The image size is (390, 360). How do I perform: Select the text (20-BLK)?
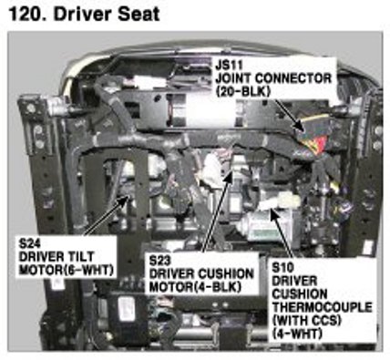[x=242, y=91]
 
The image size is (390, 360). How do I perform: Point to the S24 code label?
[x=29, y=243]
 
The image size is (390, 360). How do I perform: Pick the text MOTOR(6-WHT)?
[x=67, y=270]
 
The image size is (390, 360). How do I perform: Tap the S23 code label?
[x=160, y=261]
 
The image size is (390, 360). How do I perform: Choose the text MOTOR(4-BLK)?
[x=195, y=287]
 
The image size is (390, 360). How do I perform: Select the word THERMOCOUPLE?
[x=322, y=307]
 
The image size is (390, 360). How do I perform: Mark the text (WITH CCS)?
[x=307, y=321]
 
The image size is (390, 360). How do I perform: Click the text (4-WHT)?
[x=297, y=334]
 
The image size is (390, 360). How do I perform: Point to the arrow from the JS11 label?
[x=289, y=115]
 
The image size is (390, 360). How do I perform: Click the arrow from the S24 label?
[x=107, y=215]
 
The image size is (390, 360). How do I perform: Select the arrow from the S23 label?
[x=217, y=211]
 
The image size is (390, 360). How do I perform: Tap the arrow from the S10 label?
[x=282, y=233]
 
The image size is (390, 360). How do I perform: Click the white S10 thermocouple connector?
[x=280, y=201]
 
